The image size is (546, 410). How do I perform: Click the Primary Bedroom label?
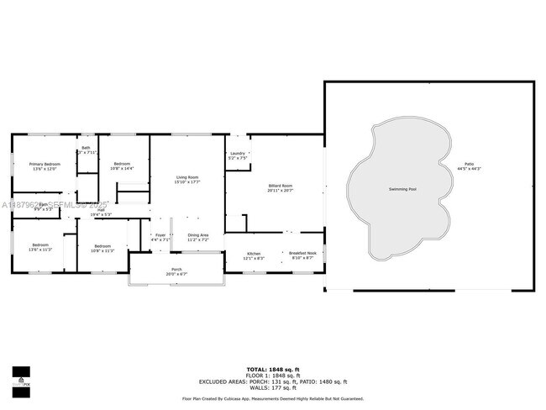[45, 164]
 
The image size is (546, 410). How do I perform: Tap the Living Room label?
[186, 177]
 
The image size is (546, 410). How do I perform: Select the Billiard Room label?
[280, 185]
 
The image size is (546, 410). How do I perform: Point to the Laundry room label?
[237, 154]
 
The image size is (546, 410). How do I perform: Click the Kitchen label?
[254, 253]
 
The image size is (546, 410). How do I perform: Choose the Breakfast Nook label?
[302, 253]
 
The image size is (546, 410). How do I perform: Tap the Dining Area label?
[198, 235]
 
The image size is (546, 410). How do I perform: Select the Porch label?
[176, 270]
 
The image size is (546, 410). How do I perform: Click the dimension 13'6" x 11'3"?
[40, 250]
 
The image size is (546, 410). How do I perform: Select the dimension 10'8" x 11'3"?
[102, 250]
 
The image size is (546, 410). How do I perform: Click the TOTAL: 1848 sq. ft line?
[273, 369]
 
